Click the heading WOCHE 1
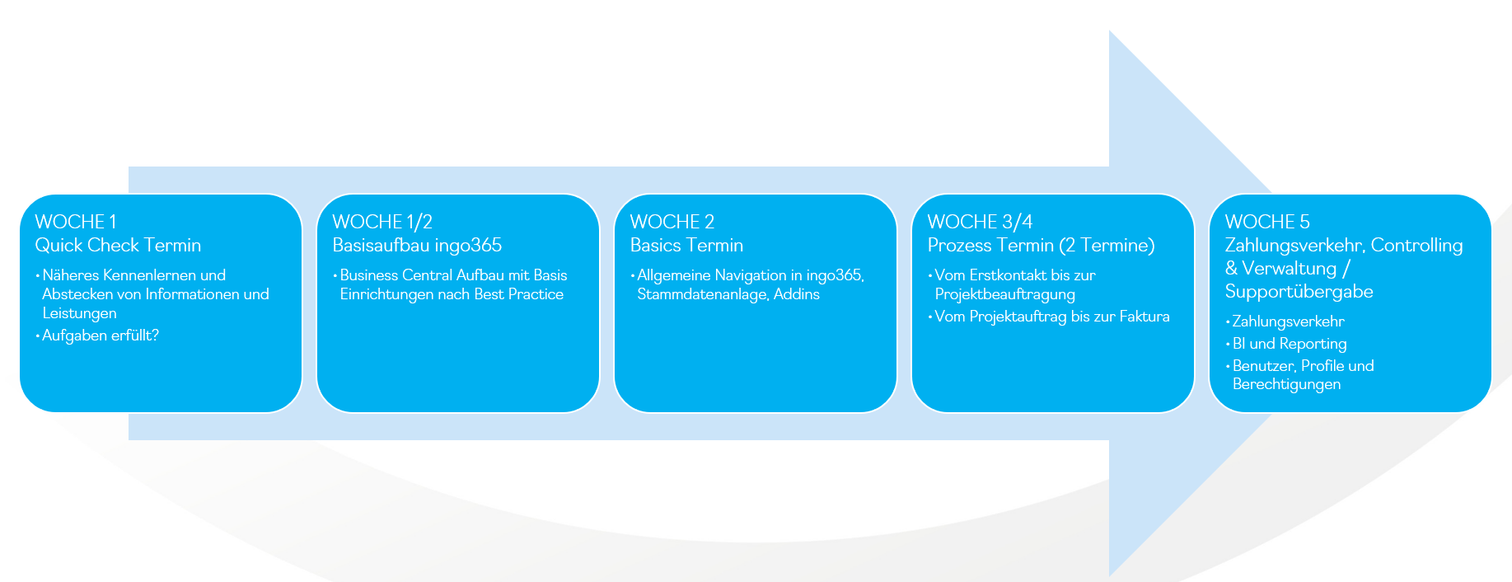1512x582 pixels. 76,222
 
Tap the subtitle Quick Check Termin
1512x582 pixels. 118,245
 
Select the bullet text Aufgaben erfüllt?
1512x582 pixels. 101,336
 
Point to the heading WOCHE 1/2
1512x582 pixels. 382,222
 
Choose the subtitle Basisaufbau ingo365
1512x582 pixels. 417,245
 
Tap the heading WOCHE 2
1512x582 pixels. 672,222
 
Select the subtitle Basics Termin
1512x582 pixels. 686,245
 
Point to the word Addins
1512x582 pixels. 797,294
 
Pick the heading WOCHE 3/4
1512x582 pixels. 980,222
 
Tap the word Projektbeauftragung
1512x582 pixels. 1005,294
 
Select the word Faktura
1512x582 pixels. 1145,317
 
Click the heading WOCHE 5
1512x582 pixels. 1267,222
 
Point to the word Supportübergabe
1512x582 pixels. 1299,291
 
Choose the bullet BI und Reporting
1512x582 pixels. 1290,344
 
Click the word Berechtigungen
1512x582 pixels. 1286,384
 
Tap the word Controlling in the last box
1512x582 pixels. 1416,245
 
